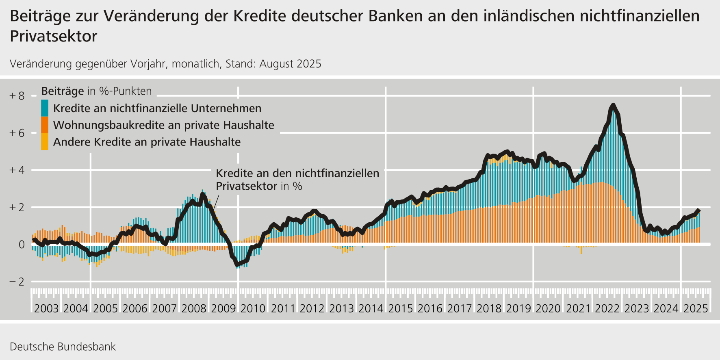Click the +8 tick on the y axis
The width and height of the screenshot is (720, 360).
17,96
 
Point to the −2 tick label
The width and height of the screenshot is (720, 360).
17,282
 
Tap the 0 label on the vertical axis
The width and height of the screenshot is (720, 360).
21,245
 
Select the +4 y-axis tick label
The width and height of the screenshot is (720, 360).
17,170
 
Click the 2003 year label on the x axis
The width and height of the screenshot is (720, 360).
46,308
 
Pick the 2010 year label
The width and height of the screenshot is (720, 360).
253,308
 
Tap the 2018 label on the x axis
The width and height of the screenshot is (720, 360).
489,308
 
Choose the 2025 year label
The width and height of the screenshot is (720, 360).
696,308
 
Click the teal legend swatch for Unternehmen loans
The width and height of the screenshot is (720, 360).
45,108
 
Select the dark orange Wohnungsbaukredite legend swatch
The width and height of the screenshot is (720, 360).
45,125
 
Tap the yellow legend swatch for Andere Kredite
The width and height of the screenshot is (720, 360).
45,142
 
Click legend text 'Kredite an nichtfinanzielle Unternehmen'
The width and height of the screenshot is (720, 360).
157,108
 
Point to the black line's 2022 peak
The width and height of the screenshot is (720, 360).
613,105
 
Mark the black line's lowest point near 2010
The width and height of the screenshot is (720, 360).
238,265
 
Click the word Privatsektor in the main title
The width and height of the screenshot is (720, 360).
53,36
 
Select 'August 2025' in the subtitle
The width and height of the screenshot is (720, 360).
290,64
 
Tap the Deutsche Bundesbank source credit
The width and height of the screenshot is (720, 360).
63,347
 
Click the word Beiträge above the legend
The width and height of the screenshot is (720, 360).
63,91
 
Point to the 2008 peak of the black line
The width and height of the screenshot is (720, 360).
202,195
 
